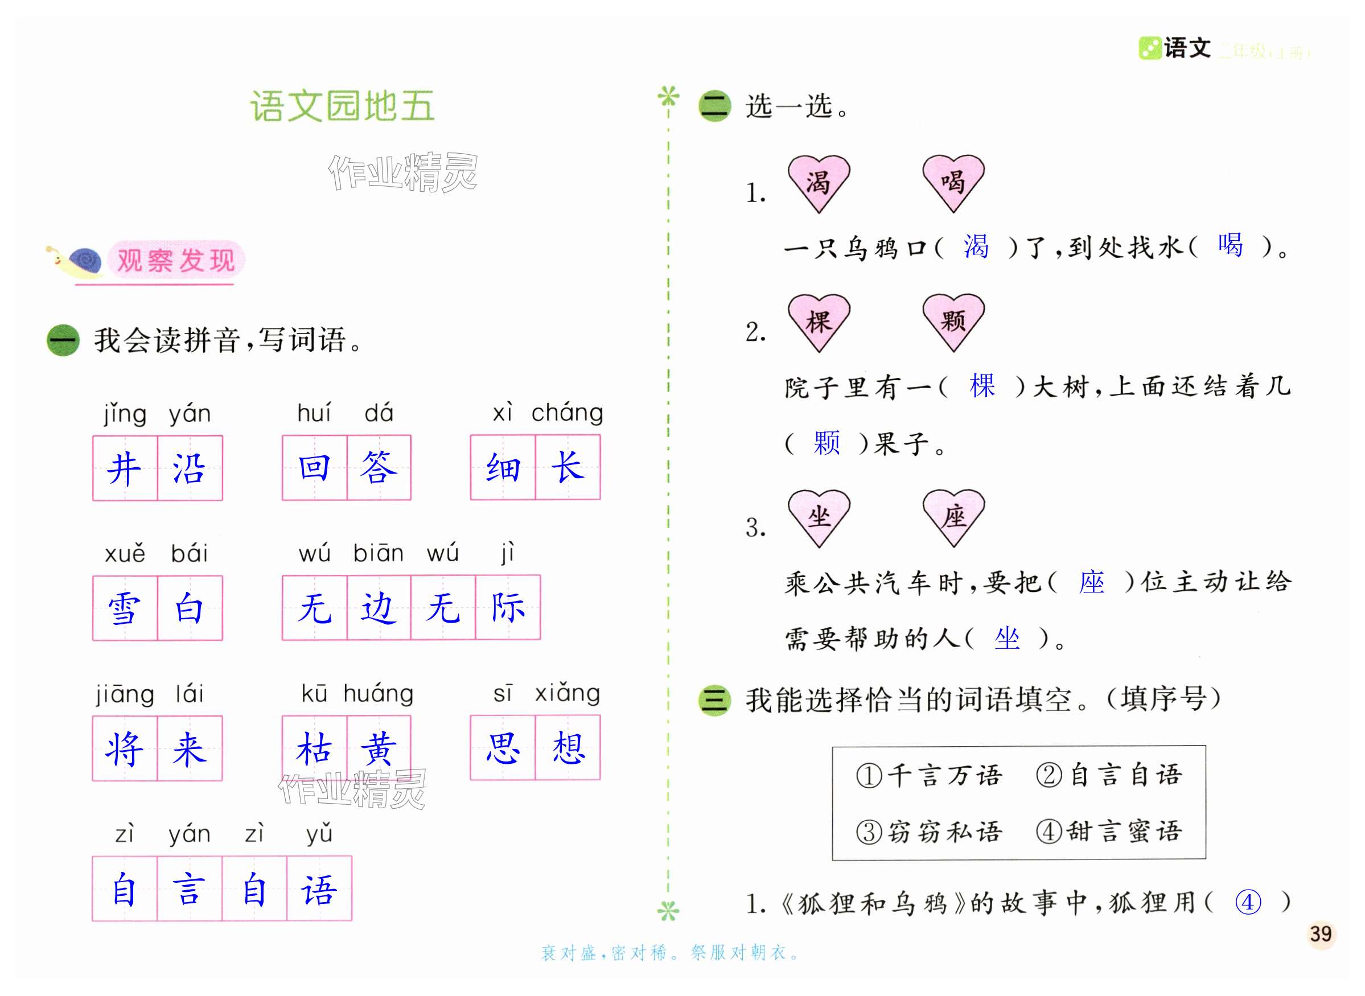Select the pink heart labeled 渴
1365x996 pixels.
(x=818, y=182)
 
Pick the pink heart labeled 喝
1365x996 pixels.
(x=953, y=182)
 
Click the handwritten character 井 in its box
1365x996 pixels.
(x=125, y=468)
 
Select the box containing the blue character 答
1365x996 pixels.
(x=379, y=468)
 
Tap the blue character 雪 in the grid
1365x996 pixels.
(x=125, y=608)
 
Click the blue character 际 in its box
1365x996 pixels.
(x=508, y=607)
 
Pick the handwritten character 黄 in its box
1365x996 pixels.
(x=379, y=748)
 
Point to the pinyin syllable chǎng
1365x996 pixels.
(x=567, y=413)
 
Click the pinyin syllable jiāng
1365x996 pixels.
(x=125, y=694)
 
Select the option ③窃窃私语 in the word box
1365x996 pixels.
(x=929, y=832)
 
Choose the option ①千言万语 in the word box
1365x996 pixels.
(x=929, y=775)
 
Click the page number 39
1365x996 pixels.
(x=1320, y=934)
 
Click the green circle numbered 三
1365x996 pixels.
(x=714, y=701)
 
